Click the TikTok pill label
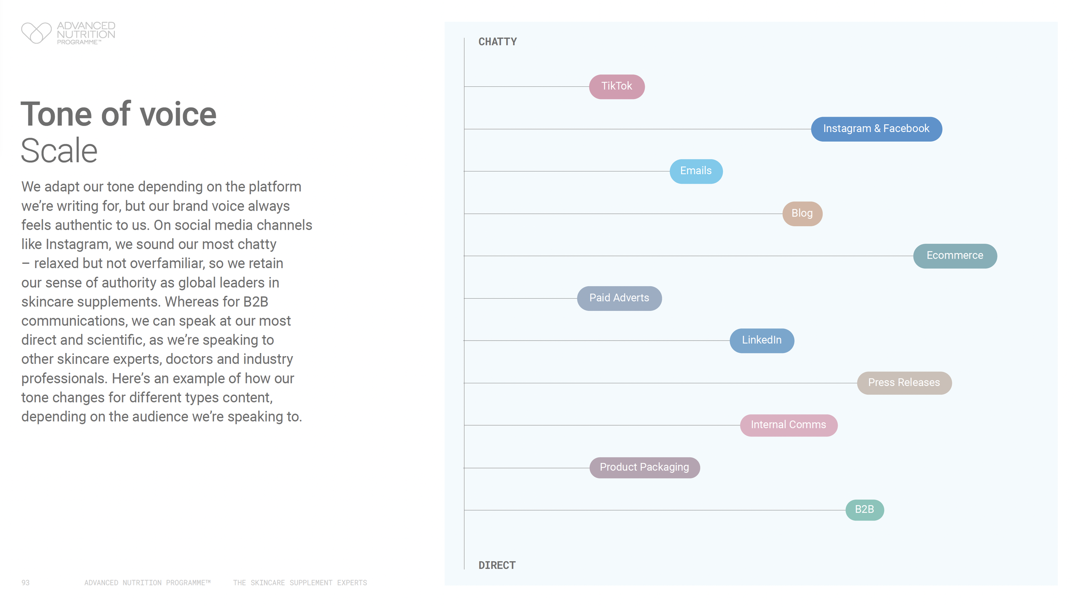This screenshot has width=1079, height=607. [x=617, y=86]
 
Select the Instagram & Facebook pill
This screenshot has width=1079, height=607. [x=876, y=129]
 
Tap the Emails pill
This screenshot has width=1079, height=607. [x=696, y=171]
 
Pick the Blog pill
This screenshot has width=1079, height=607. [x=802, y=213]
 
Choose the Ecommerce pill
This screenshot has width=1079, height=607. [x=955, y=256]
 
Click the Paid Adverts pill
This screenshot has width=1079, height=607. [x=619, y=298]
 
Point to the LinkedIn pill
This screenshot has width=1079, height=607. [x=761, y=340]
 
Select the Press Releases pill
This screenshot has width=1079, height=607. [x=904, y=383]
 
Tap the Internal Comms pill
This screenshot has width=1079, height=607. [x=788, y=425]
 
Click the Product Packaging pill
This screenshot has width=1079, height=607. [x=644, y=467]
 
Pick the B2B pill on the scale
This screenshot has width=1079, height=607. [x=864, y=509]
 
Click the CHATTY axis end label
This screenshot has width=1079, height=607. [x=497, y=42]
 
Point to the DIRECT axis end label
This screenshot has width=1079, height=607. [x=497, y=565]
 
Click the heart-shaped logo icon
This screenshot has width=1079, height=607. [x=36, y=33]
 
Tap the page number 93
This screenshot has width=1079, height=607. [x=25, y=583]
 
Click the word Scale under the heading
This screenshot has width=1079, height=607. [x=59, y=151]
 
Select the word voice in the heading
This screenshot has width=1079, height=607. [x=178, y=114]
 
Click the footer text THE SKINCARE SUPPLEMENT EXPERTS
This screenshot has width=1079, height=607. [x=300, y=583]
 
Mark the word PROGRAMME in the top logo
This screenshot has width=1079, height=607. [x=78, y=42]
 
